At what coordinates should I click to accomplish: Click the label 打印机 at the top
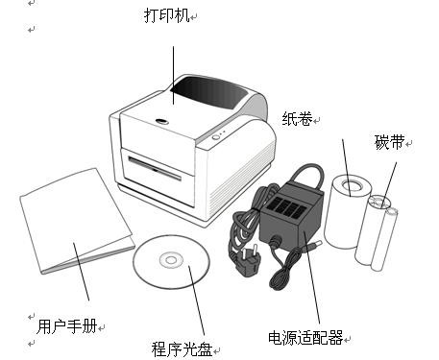(x=167, y=15)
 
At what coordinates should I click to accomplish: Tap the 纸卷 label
(x=297, y=118)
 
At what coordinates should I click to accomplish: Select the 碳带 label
(x=389, y=142)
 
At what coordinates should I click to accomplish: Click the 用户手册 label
(x=67, y=326)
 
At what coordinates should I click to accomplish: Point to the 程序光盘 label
(x=182, y=349)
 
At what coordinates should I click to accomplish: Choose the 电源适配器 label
(x=305, y=337)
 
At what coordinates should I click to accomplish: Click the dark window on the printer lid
(x=209, y=91)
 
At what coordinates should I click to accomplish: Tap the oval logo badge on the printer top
(x=161, y=121)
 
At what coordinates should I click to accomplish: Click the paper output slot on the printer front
(x=155, y=168)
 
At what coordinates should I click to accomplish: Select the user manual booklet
(x=77, y=221)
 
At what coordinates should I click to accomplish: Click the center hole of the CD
(x=171, y=260)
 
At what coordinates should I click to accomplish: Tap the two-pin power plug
(x=247, y=260)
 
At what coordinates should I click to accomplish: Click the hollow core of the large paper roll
(x=352, y=185)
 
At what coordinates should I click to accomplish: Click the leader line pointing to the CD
(x=196, y=300)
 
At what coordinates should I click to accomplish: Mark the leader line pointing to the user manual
(x=81, y=272)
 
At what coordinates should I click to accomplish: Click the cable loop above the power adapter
(x=307, y=175)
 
